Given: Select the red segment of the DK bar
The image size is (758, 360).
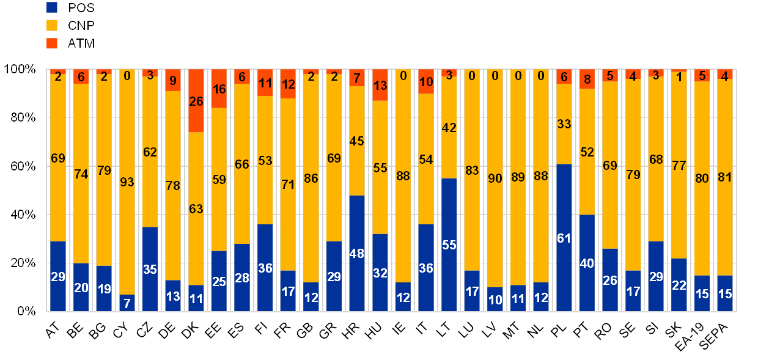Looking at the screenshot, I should pos(196,101).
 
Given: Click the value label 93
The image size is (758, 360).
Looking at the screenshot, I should pos(127,182).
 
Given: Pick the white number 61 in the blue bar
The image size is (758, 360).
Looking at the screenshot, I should pos(564,238).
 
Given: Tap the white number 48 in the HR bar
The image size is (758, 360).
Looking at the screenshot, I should pos(356,254).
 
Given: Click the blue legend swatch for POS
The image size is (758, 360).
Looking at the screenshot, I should pos(52,7).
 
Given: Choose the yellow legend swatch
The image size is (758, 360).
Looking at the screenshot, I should pos(52,25).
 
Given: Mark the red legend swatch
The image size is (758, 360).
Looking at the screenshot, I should pos(52,43).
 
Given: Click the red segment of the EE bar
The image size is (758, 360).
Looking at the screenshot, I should pos(219,89).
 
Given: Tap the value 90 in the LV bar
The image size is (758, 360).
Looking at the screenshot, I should pos(495,179).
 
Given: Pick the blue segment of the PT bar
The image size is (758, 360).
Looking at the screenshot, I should pos(587,263).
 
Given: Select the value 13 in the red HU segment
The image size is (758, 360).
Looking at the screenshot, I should pos(380,85).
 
